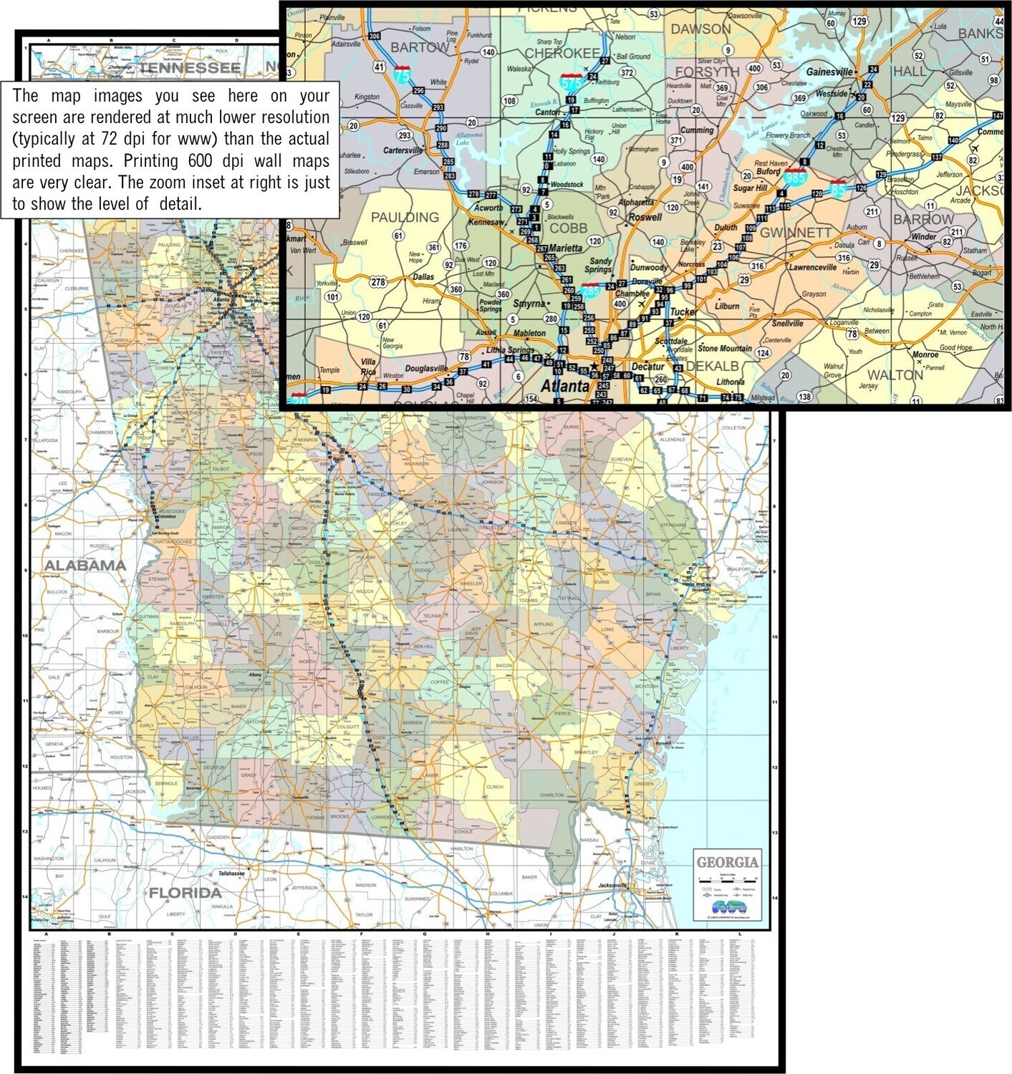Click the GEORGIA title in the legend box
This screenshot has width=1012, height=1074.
click(x=727, y=862)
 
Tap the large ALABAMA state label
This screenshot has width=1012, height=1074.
click(x=85, y=565)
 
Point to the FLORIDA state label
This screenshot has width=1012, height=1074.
click(x=185, y=892)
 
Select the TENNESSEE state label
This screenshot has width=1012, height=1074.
click(x=189, y=68)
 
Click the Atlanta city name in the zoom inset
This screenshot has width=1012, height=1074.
click(x=564, y=386)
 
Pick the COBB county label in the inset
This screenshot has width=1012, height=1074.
click(x=568, y=228)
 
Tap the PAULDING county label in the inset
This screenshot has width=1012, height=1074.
click(x=405, y=217)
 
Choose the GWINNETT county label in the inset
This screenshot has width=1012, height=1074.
click(x=795, y=233)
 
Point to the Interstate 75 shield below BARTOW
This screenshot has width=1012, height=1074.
click(x=403, y=74)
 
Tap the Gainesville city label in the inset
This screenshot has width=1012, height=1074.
click(x=829, y=72)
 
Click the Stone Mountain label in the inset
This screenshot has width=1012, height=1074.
click(x=725, y=348)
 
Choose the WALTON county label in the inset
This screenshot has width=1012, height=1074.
click(x=895, y=374)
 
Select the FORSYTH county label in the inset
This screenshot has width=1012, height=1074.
click(x=707, y=72)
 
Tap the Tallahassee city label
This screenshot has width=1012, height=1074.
click(x=231, y=873)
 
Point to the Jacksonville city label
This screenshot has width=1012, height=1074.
click(x=612, y=885)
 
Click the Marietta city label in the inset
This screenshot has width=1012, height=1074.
click(x=565, y=248)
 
